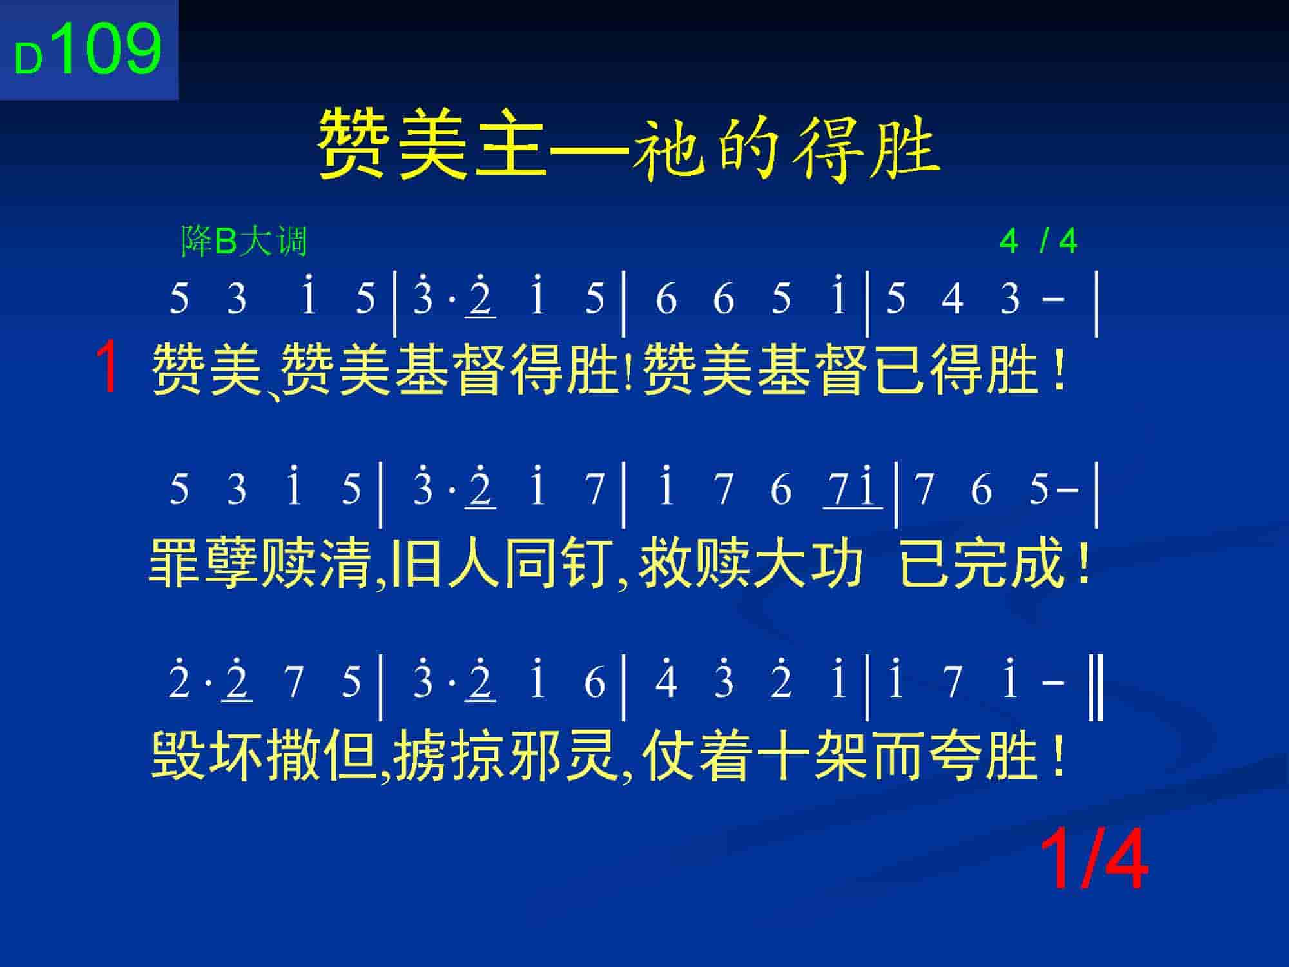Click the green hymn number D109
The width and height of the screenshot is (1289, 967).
[88, 49]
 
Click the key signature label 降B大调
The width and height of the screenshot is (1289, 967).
[244, 242]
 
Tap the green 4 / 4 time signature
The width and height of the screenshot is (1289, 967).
[1038, 242]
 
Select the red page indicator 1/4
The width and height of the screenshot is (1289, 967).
[1094, 860]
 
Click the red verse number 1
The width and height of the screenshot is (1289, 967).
[108, 367]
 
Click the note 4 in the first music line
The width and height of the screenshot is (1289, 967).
[953, 298]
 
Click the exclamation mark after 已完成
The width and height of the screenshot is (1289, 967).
[1083, 563]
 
